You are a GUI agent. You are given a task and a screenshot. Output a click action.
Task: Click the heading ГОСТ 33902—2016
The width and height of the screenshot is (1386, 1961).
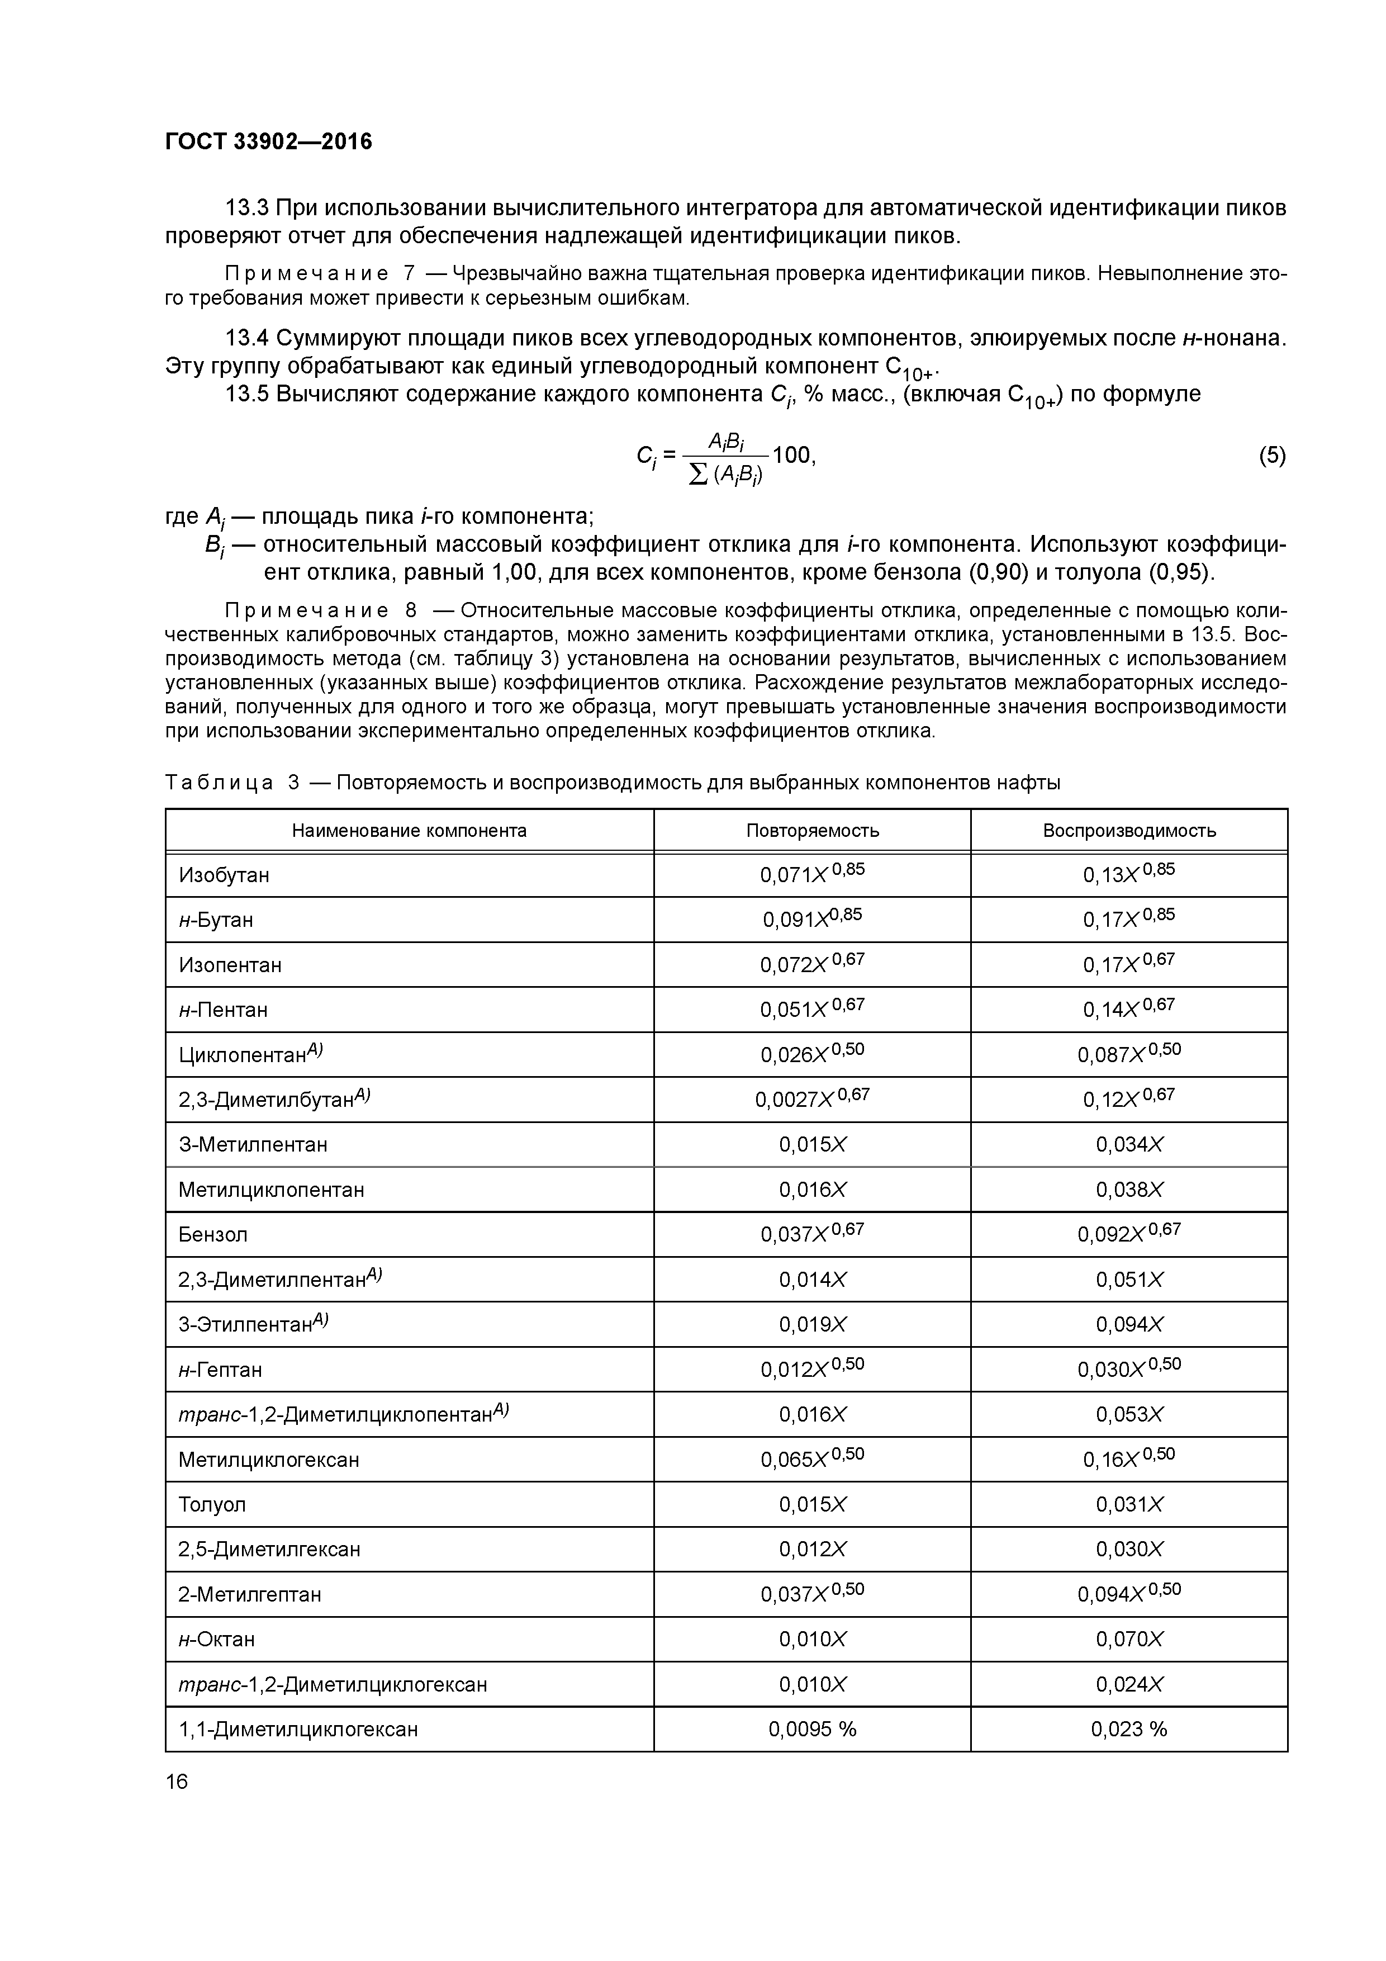point(268,142)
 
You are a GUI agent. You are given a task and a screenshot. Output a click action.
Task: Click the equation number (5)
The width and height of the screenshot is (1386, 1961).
point(1271,455)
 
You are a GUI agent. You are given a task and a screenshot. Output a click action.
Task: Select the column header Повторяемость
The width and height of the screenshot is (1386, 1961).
point(812,830)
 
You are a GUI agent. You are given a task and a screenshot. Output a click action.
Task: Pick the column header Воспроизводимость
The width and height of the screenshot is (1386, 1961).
point(1129,830)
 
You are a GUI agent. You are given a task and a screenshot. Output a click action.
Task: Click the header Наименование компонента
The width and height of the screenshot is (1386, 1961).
point(409,830)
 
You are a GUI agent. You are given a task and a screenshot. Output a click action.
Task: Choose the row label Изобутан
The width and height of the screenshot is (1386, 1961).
point(224,875)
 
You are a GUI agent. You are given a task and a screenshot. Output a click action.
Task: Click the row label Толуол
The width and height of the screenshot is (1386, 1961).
point(212,1505)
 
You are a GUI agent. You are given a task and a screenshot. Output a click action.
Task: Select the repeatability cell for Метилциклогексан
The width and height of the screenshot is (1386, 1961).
point(812,1459)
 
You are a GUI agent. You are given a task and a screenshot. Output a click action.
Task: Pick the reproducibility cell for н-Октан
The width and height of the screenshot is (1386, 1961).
point(1129,1639)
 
